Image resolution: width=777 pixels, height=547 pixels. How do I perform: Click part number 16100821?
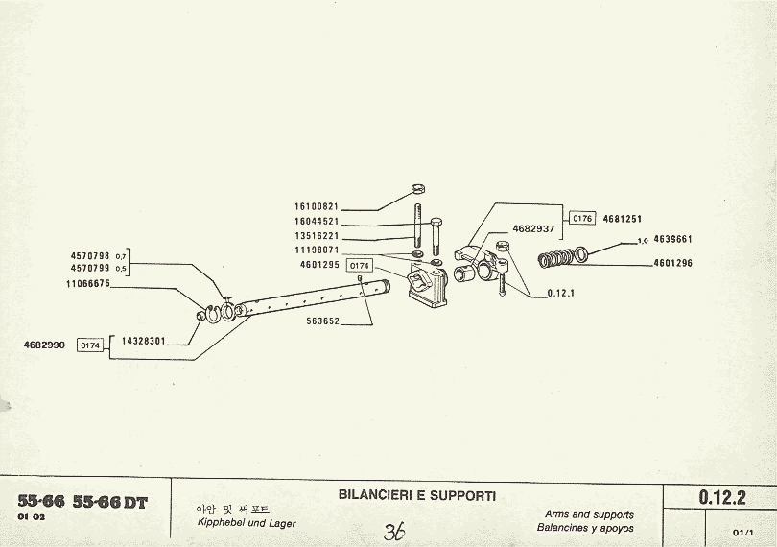(317, 206)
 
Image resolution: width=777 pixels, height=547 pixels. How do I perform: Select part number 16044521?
(317, 221)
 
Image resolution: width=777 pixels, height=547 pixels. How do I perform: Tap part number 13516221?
(317, 235)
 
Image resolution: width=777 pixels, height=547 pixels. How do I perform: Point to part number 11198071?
(317, 250)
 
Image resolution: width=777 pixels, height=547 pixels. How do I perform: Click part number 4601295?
(319, 264)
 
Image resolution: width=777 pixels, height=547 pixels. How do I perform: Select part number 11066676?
(88, 284)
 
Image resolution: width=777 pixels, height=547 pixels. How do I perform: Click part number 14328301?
(144, 341)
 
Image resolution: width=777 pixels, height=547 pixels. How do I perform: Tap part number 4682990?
(44, 345)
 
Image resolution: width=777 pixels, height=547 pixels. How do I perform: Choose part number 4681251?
(623, 219)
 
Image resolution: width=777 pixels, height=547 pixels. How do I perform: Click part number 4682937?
(533, 229)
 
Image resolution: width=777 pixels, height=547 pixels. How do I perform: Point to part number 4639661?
(672, 239)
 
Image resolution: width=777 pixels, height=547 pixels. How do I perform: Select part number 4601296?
(672, 263)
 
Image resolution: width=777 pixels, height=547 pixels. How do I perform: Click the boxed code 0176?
(583, 219)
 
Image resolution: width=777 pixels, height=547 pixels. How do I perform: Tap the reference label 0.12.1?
(560, 293)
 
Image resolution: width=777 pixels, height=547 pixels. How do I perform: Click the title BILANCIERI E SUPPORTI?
(417, 496)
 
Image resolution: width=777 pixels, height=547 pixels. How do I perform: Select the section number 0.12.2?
(722, 497)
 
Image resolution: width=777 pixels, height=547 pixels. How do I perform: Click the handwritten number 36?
(393, 532)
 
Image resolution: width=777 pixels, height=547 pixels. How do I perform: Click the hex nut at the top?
(417, 189)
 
